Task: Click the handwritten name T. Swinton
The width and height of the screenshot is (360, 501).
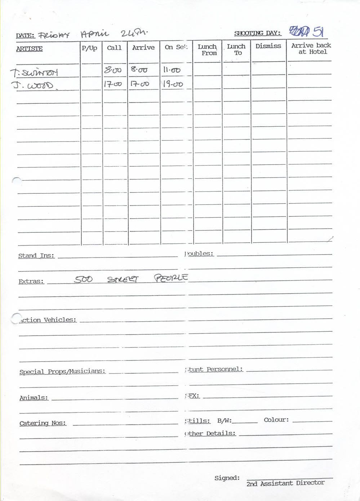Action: point(34,73)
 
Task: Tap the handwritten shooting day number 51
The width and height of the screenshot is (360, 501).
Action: point(317,32)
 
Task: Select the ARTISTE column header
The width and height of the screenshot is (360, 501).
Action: point(29,49)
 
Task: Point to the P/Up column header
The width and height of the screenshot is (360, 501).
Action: point(89,48)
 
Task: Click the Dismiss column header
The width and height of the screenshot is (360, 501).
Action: point(268,46)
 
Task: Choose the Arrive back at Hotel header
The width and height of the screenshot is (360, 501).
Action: point(311,49)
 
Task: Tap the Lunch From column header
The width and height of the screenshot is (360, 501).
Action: point(207,50)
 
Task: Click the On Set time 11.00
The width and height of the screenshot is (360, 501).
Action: point(172,70)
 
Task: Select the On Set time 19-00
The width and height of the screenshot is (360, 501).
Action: point(173,84)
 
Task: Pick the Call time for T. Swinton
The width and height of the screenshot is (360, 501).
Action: point(112,70)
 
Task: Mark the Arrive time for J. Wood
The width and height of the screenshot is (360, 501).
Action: point(139,84)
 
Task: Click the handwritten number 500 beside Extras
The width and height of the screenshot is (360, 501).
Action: point(83,279)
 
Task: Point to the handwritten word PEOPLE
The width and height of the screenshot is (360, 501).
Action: point(171,278)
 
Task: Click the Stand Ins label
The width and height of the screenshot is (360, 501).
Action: point(36,256)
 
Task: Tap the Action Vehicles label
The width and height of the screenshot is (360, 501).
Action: point(48,320)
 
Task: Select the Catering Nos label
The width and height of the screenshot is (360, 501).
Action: point(43,423)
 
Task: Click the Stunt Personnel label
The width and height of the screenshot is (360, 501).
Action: point(215,370)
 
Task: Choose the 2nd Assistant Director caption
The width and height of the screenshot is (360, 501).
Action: point(285,483)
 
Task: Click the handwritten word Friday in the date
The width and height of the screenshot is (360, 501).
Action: point(54,35)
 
